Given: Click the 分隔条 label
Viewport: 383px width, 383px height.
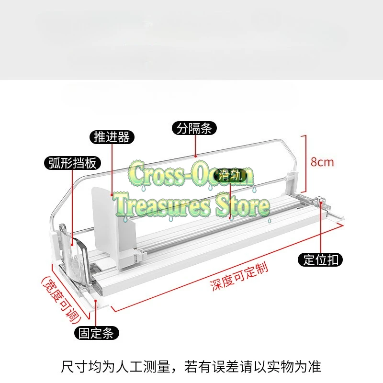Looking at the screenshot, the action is (194, 128).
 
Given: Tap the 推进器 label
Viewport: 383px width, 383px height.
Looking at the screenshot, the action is (112, 137).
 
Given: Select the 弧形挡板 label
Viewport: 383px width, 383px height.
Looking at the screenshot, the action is (73, 163).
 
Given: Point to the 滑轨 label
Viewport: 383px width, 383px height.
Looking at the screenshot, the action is (230, 175).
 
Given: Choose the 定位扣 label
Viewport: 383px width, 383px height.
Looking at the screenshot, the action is (320, 259).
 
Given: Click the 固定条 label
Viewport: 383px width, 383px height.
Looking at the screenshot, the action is (97, 333).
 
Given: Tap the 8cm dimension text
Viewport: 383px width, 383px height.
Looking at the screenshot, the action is (322, 162).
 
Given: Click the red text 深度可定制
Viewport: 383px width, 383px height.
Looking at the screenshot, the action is (239, 277).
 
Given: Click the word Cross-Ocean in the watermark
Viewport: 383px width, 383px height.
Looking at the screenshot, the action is (191, 174).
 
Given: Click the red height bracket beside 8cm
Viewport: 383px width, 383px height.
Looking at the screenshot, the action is (304, 164).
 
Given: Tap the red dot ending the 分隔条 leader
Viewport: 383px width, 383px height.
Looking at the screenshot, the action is (195, 156).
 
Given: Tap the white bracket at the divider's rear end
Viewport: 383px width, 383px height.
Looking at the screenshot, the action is (292, 181).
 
